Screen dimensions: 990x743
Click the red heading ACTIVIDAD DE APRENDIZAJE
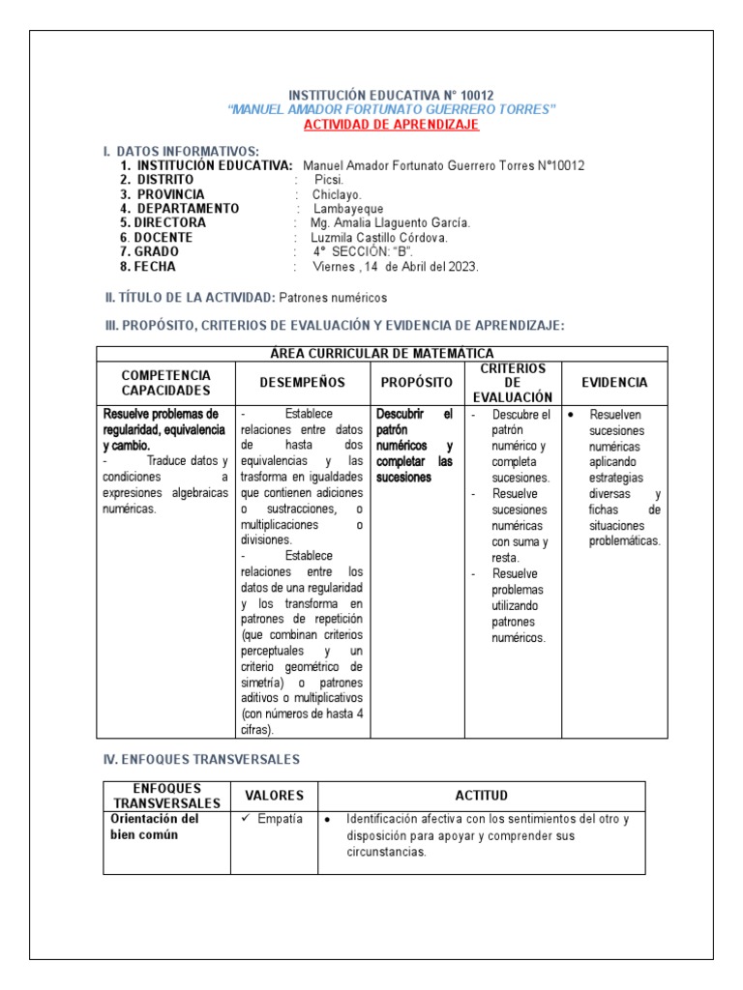tap(391, 125)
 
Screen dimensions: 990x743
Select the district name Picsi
tap(329, 180)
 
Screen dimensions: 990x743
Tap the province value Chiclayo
tap(337, 194)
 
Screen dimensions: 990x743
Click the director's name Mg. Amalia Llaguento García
tap(384, 223)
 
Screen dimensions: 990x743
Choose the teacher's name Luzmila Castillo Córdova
tap(379, 238)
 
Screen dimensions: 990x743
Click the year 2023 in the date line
tap(461, 267)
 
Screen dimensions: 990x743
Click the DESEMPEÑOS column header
tap(303, 383)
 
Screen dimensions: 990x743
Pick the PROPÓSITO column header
tap(417, 383)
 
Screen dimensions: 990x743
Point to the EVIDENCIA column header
tap(614, 383)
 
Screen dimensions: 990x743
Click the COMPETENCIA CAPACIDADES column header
tap(165, 383)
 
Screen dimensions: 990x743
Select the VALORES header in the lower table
tap(274, 796)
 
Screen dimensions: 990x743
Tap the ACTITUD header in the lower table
tap(481, 796)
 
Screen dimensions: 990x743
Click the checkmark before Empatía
tap(246, 819)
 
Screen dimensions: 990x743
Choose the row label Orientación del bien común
tap(155, 827)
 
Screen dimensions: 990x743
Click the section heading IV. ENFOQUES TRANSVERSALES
tap(201, 760)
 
